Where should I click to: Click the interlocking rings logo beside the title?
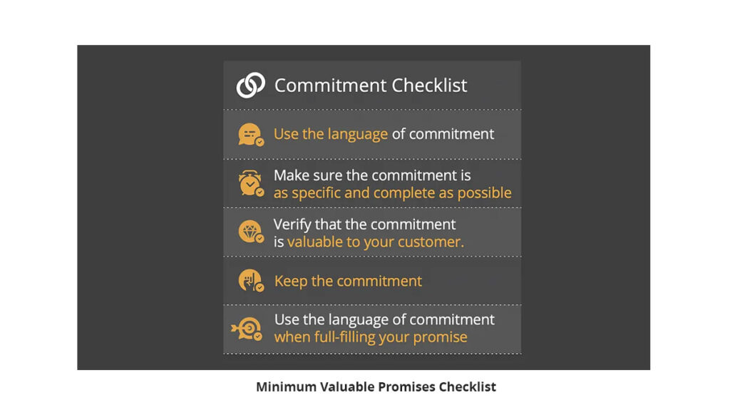click(x=250, y=85)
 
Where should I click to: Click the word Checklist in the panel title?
click(x=428, y=85)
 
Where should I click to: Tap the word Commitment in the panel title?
click(x=331, y=85)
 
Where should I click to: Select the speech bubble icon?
click(x=251, y=135)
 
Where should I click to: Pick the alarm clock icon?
click(x=251, y=183)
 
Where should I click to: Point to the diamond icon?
click(x=251, y=232)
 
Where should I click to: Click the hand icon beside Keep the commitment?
click(x=251, y=280)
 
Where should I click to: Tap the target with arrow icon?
click(x=247, y=329)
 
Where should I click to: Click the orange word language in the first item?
click(x=358, y=135)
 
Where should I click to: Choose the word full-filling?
click(x=344, y=337)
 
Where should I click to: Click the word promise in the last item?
click(x=440, y=337)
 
